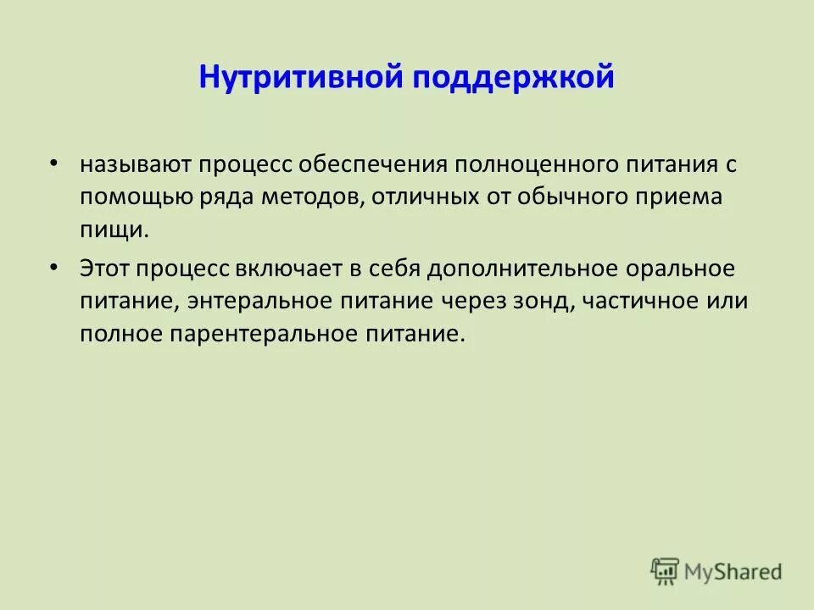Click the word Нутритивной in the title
tap(301, 78)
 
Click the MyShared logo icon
tap(665, 570)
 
